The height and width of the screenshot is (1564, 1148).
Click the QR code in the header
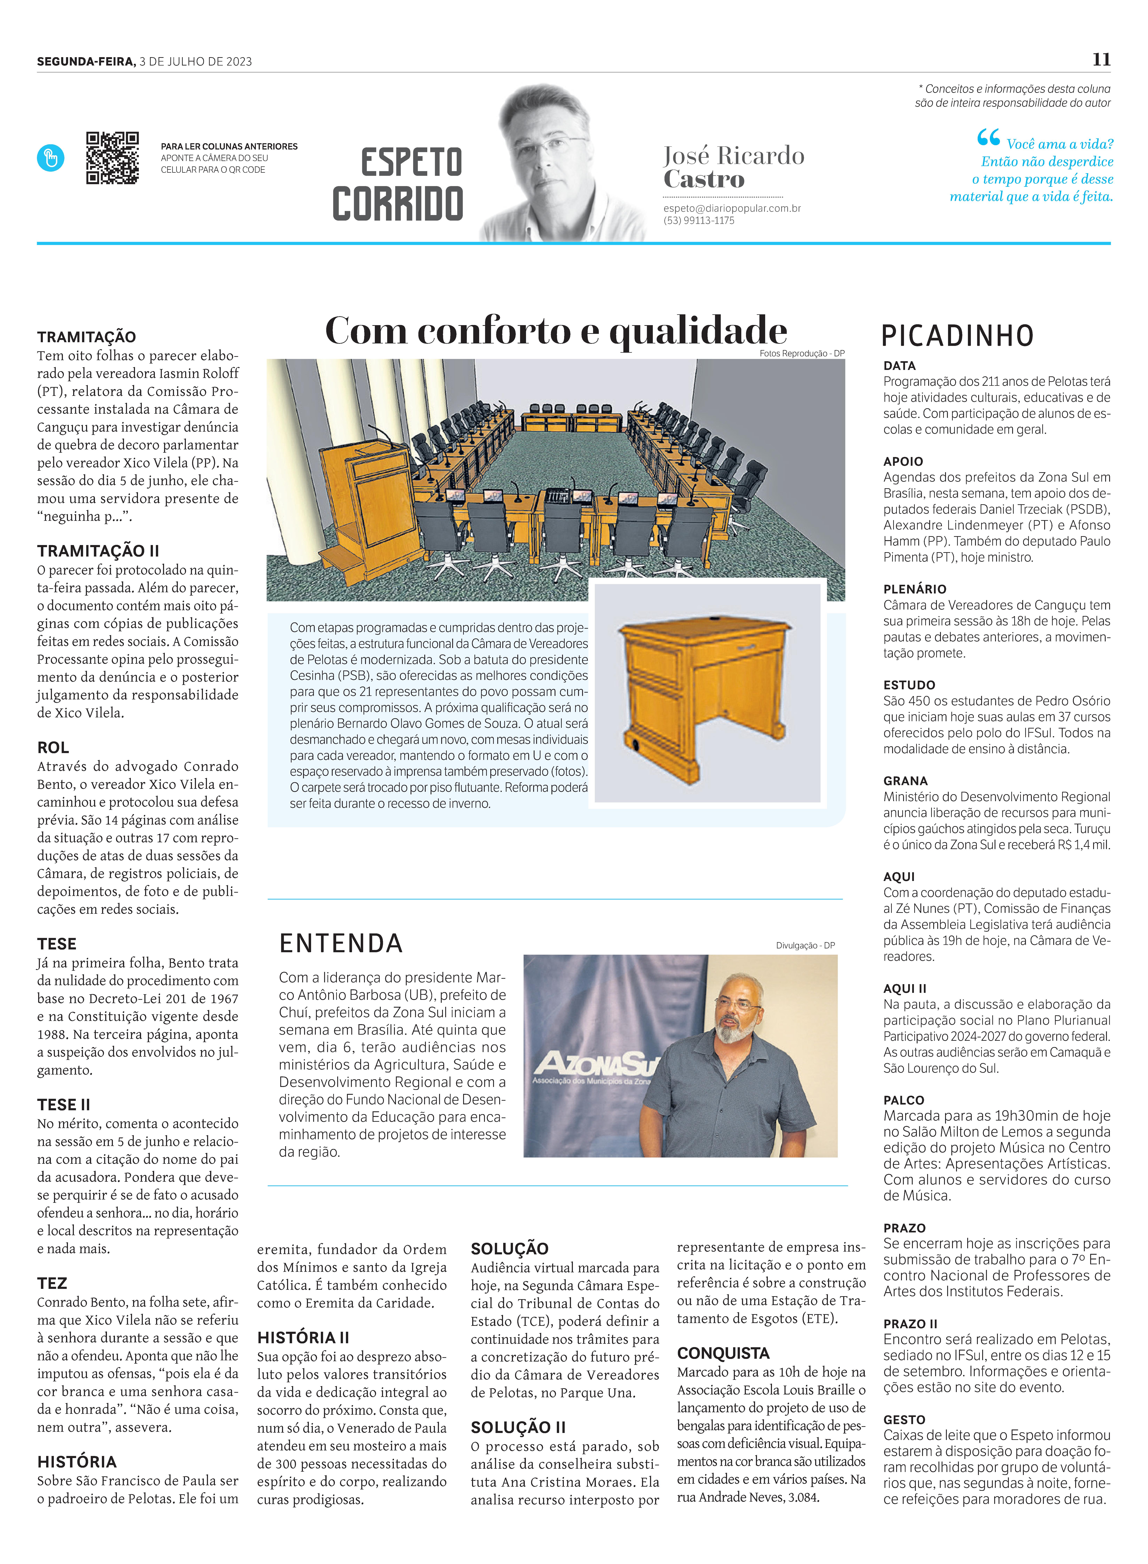pyautogui.click(x=112, y=158)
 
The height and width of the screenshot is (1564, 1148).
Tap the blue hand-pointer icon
pyautogui.click(x=51, y=158)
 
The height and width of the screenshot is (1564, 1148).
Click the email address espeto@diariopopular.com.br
pyautogui.click(x=732, y=208)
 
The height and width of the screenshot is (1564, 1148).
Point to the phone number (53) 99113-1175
pyautogui.click(x=698, y=220)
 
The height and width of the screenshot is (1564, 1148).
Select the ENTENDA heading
pyautogui.click(x=341, y=943)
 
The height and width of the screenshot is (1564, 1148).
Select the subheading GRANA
pyautogui.click(x=906, y=781)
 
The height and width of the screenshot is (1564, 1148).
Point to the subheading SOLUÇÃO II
pyautogui.click(x=518, y=1427)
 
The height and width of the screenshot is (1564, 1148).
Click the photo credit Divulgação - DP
pyautogui.click(x=805, y=945)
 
